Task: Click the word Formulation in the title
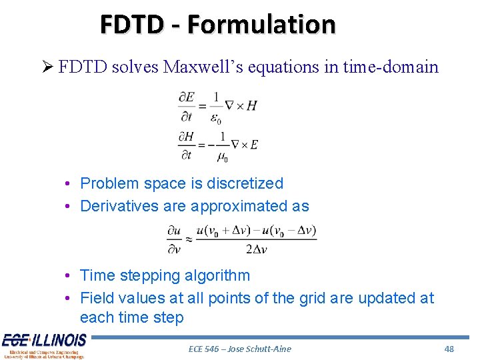point(261,24)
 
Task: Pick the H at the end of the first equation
point(251,106)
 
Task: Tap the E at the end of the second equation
point(253,145)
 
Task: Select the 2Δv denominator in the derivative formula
point(256,249)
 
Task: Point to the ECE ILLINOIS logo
point(44,345)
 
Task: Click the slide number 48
point(449,349)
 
